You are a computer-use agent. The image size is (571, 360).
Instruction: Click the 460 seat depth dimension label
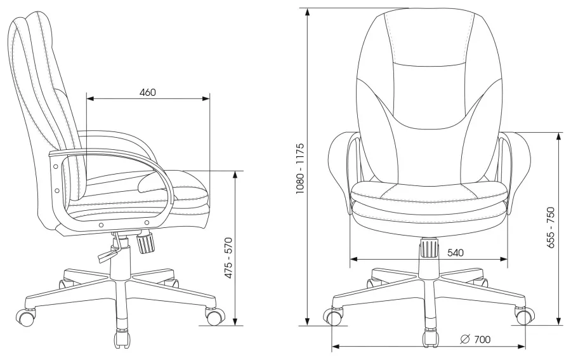147,93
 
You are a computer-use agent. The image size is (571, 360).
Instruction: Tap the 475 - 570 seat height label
228,258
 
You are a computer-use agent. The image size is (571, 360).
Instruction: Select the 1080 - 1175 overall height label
299,168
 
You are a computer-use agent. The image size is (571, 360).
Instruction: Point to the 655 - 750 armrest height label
551,228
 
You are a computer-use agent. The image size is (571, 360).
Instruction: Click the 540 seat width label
456,253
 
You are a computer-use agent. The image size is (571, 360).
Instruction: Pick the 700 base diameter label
483,340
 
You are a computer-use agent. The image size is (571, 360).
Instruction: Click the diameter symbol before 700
465,340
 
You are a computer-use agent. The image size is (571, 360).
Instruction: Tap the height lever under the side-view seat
109,250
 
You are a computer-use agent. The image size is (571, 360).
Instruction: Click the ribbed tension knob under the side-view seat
145,242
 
